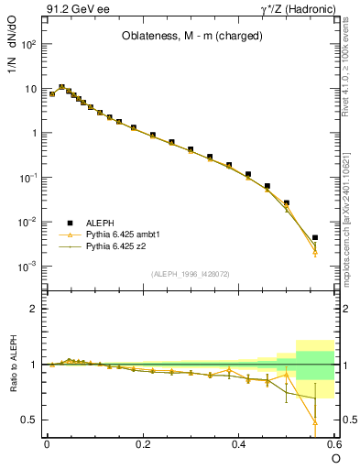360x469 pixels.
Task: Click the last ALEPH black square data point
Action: coord(315,237)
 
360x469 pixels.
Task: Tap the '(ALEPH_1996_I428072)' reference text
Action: coord(191,274)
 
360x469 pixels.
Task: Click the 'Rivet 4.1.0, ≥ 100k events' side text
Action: coord(351,73)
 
